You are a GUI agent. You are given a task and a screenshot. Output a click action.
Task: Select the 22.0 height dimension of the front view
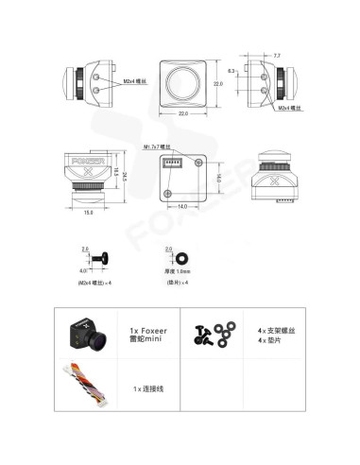pos(216,84)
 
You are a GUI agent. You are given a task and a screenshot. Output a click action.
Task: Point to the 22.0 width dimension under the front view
pos(183,113)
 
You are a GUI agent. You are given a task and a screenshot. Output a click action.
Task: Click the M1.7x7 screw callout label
pos(158,147)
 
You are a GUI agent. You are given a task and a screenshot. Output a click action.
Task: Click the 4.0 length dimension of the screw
pos(83,271)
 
